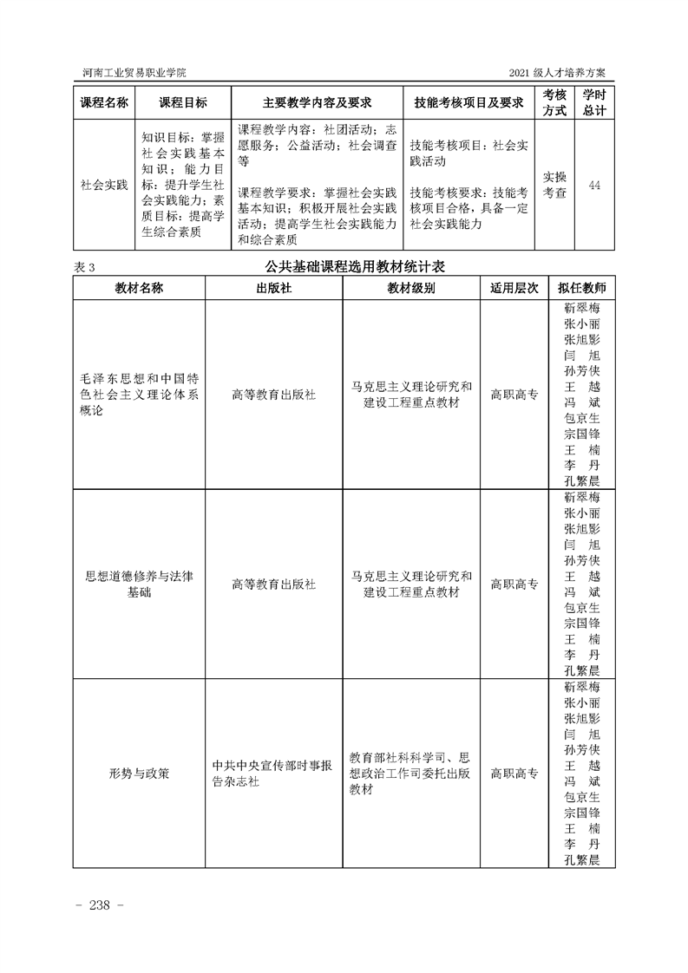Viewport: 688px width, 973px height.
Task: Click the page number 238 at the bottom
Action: [102, 904]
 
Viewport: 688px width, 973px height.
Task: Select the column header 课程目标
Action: [183, 102]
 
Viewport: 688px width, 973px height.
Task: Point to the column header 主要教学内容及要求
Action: [317, 102]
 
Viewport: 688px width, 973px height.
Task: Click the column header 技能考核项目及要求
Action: [468, 102]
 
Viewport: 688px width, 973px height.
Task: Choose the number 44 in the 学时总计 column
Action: [594, 185]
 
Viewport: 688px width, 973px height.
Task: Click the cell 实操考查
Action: [554, 185]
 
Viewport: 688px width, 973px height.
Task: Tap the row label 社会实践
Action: [104, 185]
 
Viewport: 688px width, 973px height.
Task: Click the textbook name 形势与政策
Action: [140, 773]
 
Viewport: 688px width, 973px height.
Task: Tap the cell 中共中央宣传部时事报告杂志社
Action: [274, 773]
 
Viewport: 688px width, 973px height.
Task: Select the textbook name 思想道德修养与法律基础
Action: [140, 584]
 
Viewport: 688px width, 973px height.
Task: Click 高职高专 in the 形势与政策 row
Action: [514, 773]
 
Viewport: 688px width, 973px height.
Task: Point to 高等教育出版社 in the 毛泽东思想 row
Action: [274, 395]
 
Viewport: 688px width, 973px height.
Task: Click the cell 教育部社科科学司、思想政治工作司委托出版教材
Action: [411, 773]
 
